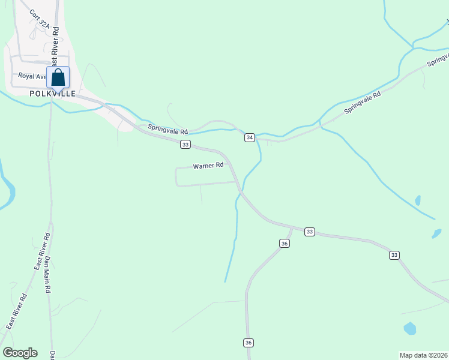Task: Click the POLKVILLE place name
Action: (x=53, y=94)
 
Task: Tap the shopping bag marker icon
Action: (x=58, y=78)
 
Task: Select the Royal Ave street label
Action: (x=32, y=76)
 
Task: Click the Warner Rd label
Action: (x=208, y=165)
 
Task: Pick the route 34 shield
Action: (x=250, y=138)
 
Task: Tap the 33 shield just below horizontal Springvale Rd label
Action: (x=185, y=145)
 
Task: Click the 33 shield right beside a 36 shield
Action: (x=309, y=232)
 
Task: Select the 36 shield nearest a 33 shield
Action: (x=285, y=243)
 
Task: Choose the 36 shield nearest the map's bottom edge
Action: (x=249, y=343)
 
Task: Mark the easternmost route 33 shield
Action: (x=394, y=255)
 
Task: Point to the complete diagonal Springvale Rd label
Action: (x=363, y=103)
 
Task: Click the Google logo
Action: (x=20, y=353)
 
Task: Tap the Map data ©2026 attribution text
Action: (x=424, y=355)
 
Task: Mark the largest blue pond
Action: (x=410, y=328)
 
